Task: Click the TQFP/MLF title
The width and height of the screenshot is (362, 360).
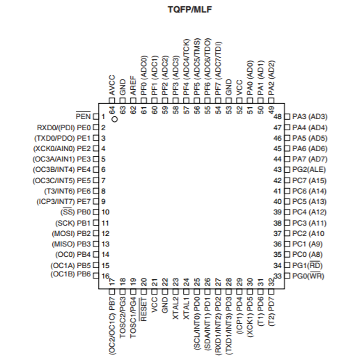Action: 190,10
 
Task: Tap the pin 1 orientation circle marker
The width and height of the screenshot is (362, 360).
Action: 115,119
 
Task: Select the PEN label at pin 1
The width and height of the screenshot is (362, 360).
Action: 83,116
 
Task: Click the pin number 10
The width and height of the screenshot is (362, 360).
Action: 105,212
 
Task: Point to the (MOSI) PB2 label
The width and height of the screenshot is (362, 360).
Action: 71,233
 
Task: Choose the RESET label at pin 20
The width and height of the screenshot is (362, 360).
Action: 143,309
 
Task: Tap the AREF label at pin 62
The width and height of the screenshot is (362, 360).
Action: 133,86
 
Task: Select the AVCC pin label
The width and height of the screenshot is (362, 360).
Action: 112,85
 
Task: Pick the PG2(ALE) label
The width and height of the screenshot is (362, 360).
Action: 309,170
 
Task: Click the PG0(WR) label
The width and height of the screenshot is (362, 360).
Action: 308,276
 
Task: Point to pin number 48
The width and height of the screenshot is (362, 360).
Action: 278,116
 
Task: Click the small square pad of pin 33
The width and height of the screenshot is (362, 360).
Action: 288,276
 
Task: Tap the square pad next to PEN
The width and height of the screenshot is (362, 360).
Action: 95,116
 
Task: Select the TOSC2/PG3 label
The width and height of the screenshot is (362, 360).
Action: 123,318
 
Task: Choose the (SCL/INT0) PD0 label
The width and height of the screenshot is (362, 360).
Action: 197,324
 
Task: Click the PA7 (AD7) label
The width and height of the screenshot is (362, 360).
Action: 310,159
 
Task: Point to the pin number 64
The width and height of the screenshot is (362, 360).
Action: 112,110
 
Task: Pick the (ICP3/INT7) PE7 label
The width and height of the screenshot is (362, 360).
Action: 63,201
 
